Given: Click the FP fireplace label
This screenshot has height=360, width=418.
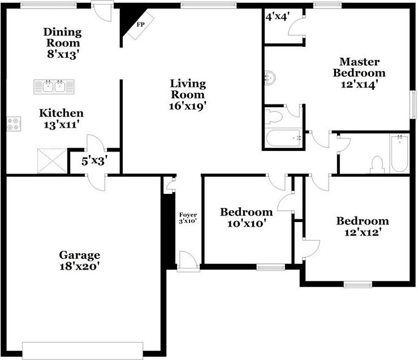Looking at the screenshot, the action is [140, 25].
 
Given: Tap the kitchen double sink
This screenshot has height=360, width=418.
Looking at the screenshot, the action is [54, 87].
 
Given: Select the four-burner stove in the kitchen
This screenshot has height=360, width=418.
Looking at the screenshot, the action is [14, 124].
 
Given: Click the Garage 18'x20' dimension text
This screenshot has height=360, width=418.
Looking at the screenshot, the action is [79, 266].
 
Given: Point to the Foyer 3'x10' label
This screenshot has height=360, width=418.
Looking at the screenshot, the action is [188, 218].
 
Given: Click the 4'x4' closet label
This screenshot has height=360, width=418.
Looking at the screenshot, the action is [278, 17].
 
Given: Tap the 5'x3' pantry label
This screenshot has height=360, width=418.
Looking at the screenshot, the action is [94, 161].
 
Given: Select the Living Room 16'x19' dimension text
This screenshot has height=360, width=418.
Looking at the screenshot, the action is [188, 106].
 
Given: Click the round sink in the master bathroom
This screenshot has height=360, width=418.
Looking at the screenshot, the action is [270, 77].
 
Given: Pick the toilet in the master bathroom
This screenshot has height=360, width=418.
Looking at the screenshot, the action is [273, 116].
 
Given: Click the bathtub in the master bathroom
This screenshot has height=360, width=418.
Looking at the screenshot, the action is [284, 138].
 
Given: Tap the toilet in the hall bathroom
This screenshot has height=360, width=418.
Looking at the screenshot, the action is [377, 165].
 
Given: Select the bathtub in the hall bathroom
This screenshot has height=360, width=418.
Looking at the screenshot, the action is [399, 154].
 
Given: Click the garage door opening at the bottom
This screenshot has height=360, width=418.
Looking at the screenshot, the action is [83, 351].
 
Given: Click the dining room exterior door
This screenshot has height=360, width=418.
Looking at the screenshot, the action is [102, 11].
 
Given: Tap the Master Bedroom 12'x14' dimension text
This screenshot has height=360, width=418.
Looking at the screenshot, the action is [359, 84].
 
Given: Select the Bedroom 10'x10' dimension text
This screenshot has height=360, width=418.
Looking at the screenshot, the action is [247, 223].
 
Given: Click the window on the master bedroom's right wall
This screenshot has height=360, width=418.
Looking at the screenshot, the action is [413, 105].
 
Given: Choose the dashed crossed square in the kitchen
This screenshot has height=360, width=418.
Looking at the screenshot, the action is [52, 161].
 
